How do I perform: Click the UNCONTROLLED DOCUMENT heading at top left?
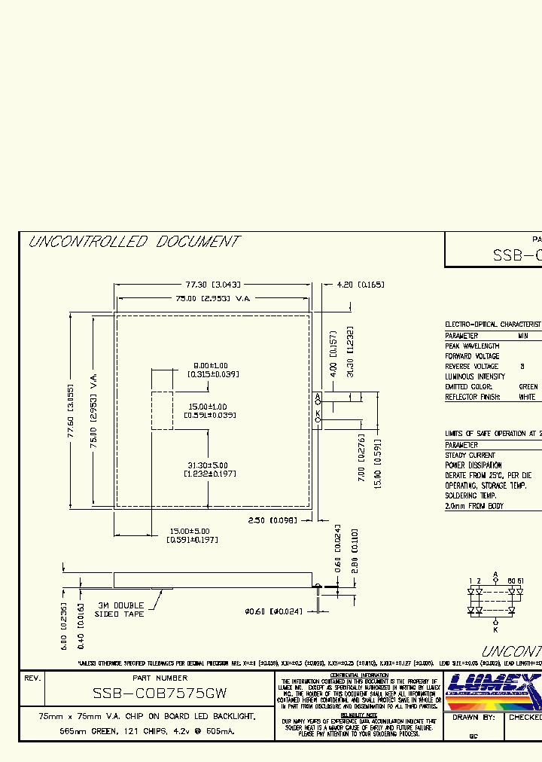(x=133, y=242)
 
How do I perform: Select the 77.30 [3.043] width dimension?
(x=213, y=285)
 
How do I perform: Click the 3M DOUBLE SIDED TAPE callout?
(x=120, y=610)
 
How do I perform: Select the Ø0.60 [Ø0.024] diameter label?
(x=273, y=611)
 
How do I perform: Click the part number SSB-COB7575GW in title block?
(x=160, y=692)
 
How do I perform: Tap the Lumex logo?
(x=493, y=690)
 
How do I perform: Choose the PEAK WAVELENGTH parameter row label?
(x=472, y=346)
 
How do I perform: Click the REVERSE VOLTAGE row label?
(x=472, y=366)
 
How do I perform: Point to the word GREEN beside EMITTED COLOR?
(x=529, y=386)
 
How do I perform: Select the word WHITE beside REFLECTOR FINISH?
(x=528, y=397)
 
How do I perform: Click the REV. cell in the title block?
(x=32, y=678)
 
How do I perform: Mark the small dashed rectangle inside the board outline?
(x=162, y=410)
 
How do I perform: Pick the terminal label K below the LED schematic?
(x=495, y=629)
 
